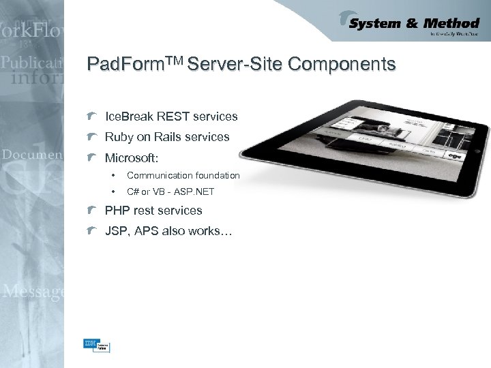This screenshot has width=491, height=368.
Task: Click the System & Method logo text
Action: [414, 24]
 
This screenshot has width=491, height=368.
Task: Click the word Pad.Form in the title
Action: [119, 65]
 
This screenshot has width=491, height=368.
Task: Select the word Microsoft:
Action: [132, 157]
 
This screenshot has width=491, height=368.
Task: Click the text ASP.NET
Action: [194, 191]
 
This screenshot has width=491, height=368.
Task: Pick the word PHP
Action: [117, 211]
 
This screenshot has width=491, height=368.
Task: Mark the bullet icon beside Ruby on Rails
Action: [93, 137]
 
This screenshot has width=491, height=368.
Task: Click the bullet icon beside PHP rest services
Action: [93, 211]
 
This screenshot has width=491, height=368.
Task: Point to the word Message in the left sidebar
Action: [33, 292]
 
